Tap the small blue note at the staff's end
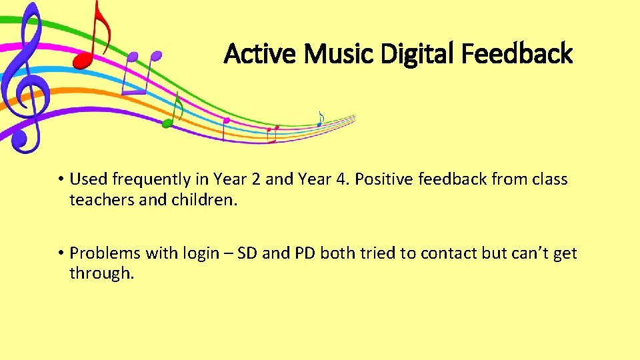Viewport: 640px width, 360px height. point(320,119)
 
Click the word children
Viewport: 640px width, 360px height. point(200,199)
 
